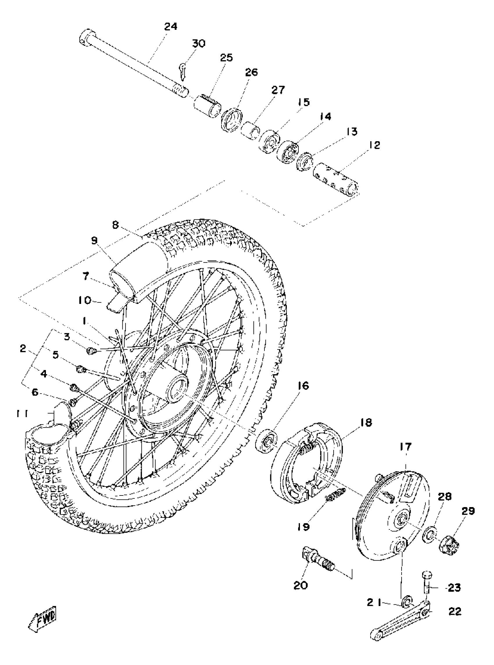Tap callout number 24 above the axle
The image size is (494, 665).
click(x=171, y=27)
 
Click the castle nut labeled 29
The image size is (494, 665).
click(x=450, y=546)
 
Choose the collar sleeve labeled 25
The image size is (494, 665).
click(x=207, y=106)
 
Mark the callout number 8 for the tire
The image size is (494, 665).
click(x=116, y=225)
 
